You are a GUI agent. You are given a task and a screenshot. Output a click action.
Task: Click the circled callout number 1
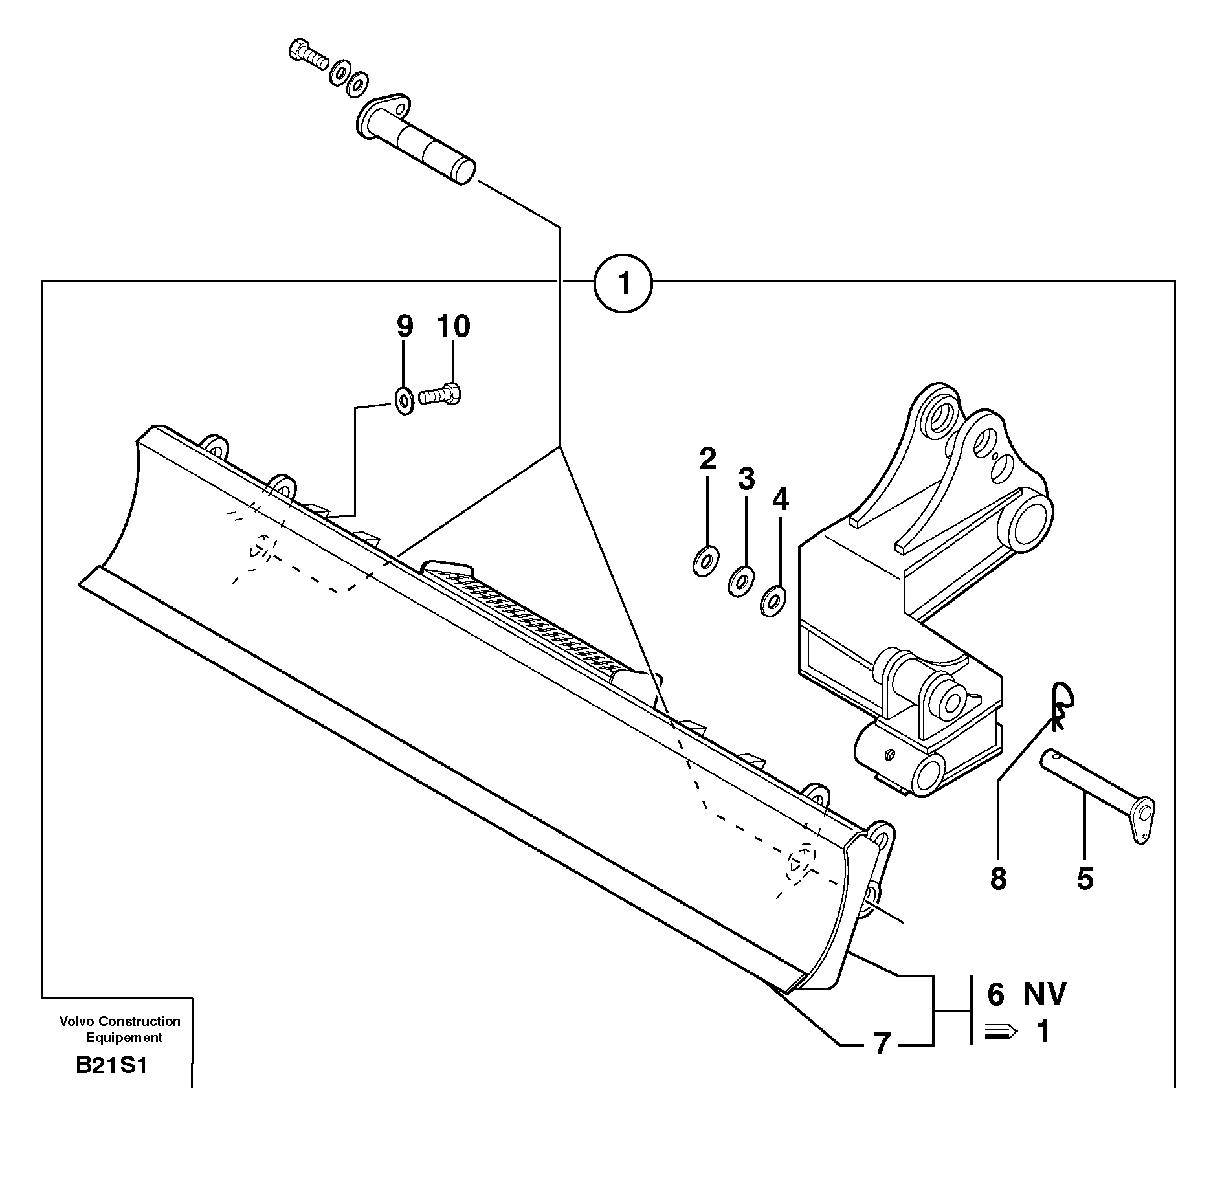[623, 283]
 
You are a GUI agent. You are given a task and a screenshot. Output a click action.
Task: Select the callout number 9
[404, 327]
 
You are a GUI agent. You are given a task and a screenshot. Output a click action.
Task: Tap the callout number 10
[453, 327]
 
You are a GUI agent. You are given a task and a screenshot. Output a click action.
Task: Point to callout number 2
[707, 459]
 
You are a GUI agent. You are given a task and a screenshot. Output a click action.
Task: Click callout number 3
[746, 480]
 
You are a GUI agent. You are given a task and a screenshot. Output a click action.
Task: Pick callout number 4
[781, 500]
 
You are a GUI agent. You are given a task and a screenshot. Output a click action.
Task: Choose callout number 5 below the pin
[1085, 879]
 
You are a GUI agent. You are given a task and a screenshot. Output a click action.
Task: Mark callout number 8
[998, 879]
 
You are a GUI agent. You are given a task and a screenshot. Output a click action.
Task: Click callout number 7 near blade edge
[882, 1044]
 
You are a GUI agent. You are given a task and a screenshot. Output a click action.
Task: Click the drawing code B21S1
[111, 1084]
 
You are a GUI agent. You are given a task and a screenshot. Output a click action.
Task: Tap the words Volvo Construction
[120, 1021]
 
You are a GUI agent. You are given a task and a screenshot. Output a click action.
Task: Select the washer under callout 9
[405, 401]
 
